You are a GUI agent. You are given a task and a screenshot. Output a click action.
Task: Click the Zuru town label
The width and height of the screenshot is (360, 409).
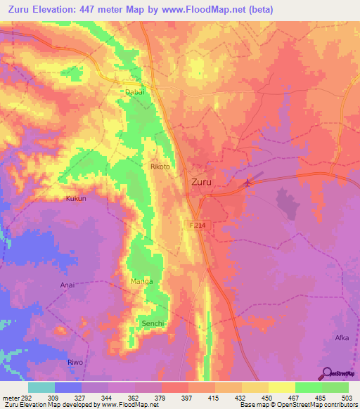pyautogui.click(x=202, y=181)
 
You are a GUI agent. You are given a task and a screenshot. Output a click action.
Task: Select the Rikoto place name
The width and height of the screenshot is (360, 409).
pyautogui.click(x=161, y=167)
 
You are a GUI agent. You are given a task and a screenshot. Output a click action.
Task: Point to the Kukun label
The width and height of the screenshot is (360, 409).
pyautogui.click(x=76, y=199)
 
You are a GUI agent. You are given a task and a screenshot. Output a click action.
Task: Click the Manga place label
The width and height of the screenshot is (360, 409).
pyautogui.click(x=141, y=282)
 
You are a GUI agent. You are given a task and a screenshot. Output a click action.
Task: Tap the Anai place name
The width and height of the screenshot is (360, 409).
pyautogui.click(x=67, y=285)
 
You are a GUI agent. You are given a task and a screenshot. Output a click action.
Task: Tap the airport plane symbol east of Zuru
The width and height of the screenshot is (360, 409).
pyautogui.click(x=247, y=184)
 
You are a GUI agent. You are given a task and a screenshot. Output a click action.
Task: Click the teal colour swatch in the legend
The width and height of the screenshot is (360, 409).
pyautogui.click(x=41, y=387)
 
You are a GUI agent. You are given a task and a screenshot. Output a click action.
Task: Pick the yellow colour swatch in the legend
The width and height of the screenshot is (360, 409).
pyautogui.click(x=281, y=387)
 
